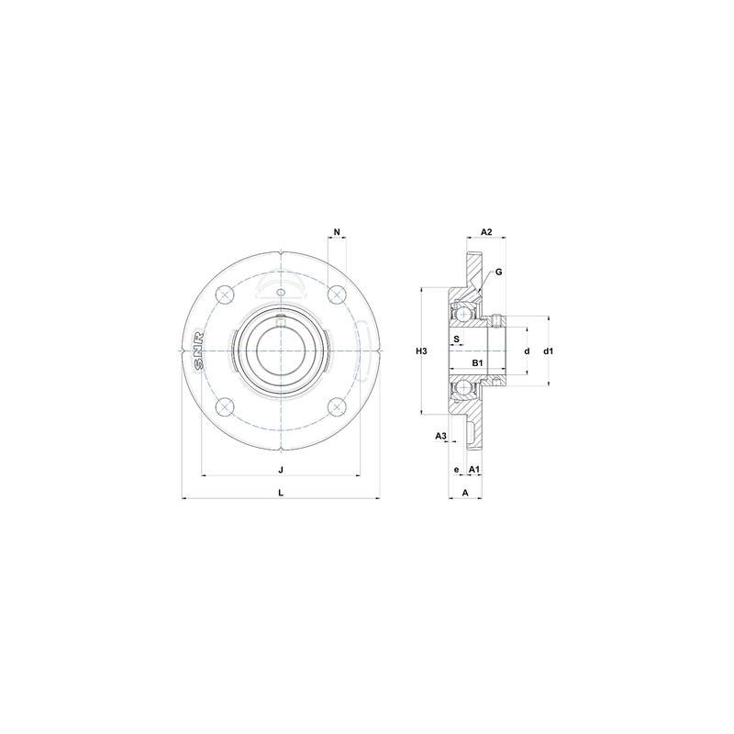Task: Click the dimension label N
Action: tap(337, 231)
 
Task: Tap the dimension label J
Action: tap(281, 469)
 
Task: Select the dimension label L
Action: tap(281, 492)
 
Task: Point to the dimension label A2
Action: tap(487, 231)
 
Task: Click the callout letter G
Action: tap(498, 272)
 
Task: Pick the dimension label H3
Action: tap(421, 351)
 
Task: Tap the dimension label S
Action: tap(457, 338)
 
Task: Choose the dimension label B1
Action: tap(477, 364)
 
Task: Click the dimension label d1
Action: tap(549, 351)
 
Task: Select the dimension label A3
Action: tap(440, 435)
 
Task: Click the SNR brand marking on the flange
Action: tap(199, 351)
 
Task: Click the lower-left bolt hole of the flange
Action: tap(223, 409)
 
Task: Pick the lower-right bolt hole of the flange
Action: tap(338, 409)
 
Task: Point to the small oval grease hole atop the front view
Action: tap(281, 293)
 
